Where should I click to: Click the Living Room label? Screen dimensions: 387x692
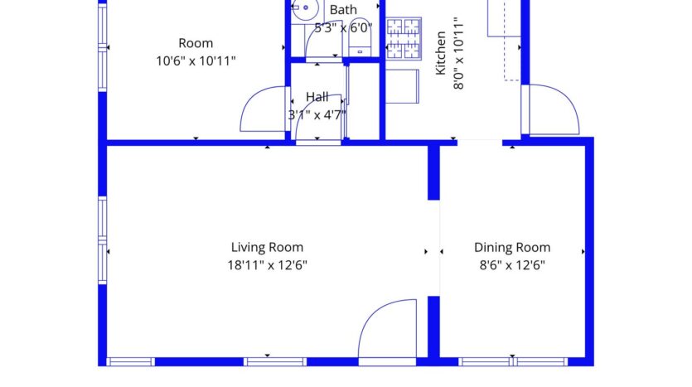click(266, 247)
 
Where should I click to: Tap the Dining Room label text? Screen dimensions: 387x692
click(511, 247)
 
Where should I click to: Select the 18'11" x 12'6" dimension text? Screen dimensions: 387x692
click(266, 265)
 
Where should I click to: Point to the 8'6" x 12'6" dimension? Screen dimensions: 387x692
click(511, 265)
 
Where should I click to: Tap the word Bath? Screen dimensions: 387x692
click(343, 10)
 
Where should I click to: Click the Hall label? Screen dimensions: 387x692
click(317, 97)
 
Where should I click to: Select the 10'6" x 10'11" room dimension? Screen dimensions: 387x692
click(196, 60)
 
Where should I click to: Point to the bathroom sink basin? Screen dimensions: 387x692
click(302, 10)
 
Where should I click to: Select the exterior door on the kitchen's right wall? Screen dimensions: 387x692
click(551, 109)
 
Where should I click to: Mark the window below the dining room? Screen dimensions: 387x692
click(514, 361)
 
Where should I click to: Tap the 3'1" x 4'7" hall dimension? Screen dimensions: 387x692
click(317, 115)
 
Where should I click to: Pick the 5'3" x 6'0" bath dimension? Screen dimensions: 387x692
click(343, 27)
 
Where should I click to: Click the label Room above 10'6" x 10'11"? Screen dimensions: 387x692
click(196, 43)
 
